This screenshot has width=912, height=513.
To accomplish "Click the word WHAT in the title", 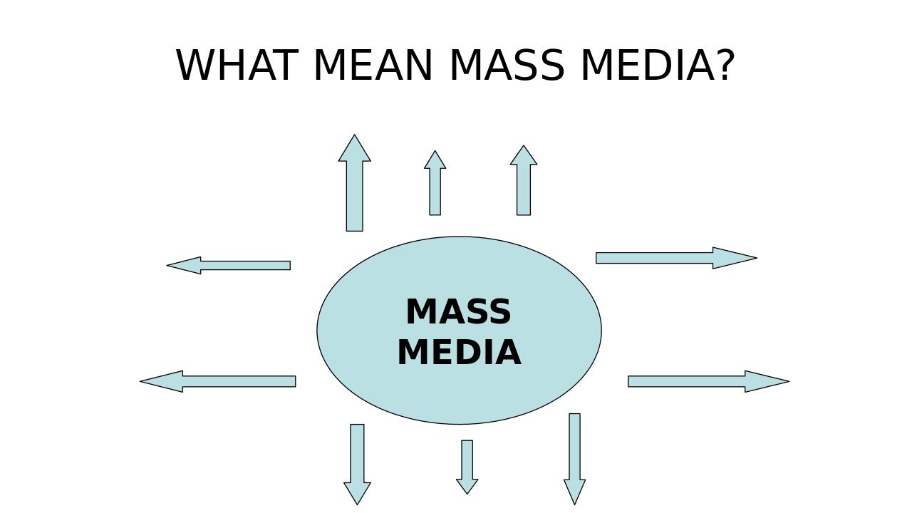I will click(x=235, y=66).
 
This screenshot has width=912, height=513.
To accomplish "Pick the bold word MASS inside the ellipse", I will click(x=458, y=312).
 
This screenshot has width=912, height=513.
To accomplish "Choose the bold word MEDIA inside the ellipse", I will click(x=458, y=353).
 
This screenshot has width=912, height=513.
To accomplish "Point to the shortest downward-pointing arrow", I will click(x=467, y=463).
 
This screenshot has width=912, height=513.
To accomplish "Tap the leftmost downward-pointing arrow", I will click(x=357, y=460).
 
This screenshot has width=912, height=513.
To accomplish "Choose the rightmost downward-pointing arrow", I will click(x=574, y=452).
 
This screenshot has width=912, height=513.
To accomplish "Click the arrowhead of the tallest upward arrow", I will click(x=354, y=150).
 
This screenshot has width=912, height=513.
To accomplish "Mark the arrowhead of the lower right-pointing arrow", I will click(x=766, y=381).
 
